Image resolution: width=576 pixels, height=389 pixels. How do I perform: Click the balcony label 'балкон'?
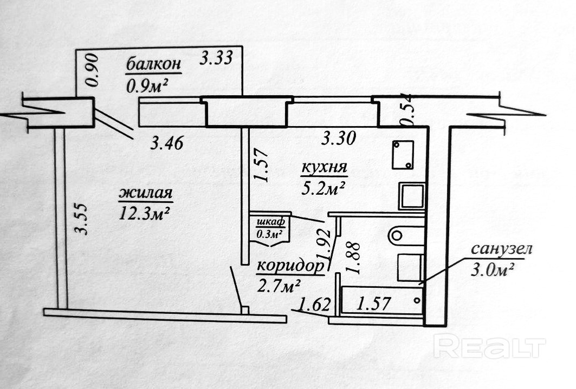click(x=153, y=65)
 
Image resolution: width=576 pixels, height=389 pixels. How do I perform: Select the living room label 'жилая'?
click(x=146, y=193)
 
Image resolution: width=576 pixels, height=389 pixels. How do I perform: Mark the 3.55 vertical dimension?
click(x=81, y=219)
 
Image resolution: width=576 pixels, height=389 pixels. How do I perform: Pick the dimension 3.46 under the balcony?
click(x=167, y=143)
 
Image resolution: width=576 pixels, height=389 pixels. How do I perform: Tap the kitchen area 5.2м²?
click(x=323, y=187)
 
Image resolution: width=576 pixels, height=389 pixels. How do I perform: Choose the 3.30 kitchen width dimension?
click(x=338, y=139)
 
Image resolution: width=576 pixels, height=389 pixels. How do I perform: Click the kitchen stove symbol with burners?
click(x=403, y=155)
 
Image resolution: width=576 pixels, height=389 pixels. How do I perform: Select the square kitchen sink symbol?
click(x=411, y=196)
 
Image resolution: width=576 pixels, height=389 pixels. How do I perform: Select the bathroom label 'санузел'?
click(x=501, y=249)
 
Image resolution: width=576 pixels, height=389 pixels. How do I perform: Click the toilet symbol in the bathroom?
click(x=406, y=235)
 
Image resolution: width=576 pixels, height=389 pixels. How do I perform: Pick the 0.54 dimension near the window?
click(x=407, y=111)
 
